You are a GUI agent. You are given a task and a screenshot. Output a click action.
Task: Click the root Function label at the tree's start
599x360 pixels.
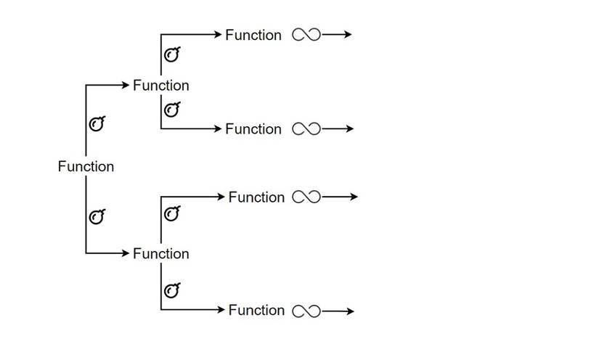click(x=86, y=166)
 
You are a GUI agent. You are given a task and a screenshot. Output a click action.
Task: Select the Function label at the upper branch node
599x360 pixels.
click(x=160, y=85)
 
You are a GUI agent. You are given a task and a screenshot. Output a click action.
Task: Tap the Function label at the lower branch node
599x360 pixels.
click(x=160, y=253)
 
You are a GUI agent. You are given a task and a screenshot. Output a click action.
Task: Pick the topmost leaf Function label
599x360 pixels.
click(x=253, y=35)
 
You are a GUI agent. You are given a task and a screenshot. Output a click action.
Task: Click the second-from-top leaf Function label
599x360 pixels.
click(x=253, y=128)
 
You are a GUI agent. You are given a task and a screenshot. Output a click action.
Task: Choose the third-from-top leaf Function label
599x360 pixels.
click(x=256, y=197)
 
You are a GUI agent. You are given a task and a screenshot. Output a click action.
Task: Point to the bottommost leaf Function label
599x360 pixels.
click(x=256, y=310)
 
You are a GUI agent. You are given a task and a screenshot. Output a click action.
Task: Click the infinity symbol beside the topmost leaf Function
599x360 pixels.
click(x=306, y=35)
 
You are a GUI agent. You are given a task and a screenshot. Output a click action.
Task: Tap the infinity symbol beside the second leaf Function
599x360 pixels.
click(x=306, y=129)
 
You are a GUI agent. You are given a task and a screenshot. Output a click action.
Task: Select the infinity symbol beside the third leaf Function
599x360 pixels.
click(x=306, y=197)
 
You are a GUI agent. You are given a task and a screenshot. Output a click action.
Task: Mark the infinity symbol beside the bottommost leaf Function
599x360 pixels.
click(x=306, y=311)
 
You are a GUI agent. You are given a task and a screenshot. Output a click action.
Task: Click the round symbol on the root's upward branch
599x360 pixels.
click(x=96, y=124)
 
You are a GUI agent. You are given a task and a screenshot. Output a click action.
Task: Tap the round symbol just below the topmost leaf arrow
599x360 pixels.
click(x=171, y=54)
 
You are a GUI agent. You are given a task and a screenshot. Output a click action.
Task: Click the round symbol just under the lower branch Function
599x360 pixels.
click(x=171, y=290)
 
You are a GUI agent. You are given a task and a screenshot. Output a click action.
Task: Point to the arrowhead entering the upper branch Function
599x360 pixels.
click(x=125, y=86)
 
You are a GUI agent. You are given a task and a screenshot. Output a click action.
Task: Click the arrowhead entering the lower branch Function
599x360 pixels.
click(x=125, y=253)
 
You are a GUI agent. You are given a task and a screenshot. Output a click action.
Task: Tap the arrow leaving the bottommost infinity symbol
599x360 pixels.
click(x=338, y=311)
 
